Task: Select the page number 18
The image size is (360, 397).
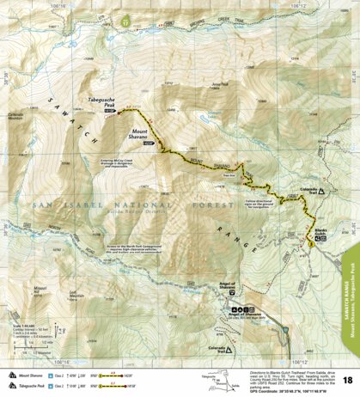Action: (x=347, y=380)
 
